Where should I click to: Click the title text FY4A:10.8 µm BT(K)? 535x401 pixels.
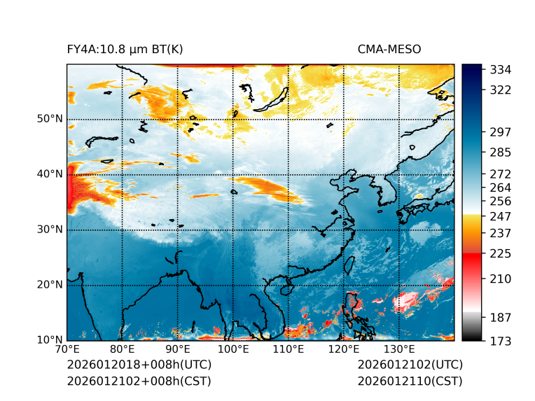click(x=125, y=50)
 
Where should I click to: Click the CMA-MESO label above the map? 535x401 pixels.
click(x=389, y=50)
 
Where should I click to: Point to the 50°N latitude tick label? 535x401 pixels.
click(x=50, y=119)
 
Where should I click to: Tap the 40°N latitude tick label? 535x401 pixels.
click(x=50, y=174)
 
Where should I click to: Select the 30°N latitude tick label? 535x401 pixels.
click(x=50, y=230)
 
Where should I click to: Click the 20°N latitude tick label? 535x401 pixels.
click(x=50, y=285)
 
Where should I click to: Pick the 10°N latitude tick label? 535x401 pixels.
click(x=50, y=340)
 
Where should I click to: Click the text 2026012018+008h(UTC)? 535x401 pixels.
click(x=139, y=365)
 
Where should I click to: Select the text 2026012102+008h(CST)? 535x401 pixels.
click(x=139, y=381)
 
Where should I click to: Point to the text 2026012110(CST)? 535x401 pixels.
click(x=410, y=381)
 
